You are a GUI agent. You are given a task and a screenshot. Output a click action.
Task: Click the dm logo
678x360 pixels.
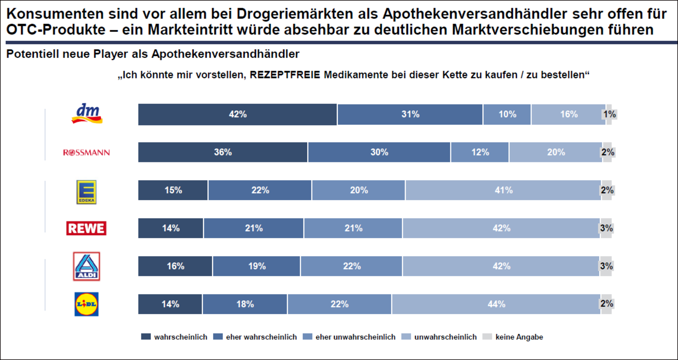pos(87,114)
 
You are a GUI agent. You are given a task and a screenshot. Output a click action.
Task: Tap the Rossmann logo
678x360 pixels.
pos(87,153)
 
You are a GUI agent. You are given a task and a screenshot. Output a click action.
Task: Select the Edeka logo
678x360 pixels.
pos(86,192)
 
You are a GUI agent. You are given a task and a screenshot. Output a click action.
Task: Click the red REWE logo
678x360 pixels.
pos(86,228)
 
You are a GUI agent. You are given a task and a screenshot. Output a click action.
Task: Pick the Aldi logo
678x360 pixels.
pos(87,266)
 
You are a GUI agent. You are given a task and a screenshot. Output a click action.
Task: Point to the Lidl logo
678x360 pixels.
pos(87,304)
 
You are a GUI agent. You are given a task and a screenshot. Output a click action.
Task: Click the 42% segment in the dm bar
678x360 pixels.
pos(237,114)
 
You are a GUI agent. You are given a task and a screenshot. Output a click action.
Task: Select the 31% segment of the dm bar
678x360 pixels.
pos(410,114)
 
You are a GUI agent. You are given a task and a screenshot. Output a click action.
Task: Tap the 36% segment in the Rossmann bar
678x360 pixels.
pos(223,152)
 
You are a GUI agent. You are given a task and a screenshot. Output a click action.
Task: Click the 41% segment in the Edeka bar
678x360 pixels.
pos(503,190)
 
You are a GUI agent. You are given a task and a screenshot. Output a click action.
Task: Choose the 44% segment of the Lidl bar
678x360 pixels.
pos(496,304)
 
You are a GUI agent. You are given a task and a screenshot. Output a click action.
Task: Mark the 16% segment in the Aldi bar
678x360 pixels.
pos(175,266)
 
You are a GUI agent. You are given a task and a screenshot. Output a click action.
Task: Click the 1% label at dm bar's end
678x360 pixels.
pos(609,114)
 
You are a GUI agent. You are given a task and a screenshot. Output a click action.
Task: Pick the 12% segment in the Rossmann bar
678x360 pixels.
pos(480,152)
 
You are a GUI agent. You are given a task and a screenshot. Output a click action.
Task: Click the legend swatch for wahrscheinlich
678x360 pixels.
pos(146,337)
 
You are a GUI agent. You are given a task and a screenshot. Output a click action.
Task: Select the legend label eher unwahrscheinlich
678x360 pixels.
pos(355,337)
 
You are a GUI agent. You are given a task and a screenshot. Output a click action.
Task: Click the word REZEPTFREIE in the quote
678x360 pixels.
pos(285,75)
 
